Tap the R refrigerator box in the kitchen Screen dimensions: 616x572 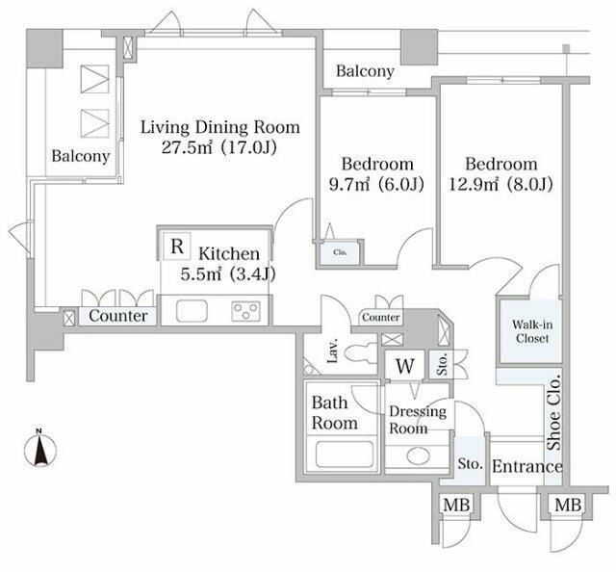coord(177,247)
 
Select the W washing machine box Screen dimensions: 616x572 coord(404,365)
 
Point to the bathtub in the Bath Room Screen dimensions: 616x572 coord(345,455)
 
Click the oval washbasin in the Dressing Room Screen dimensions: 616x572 coord(416,456)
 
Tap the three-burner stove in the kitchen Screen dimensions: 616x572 coord(246,311)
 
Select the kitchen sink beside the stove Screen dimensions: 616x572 coord(192,311)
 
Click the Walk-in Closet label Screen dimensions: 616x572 coord(532,331)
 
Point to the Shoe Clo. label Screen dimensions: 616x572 coord(554,414)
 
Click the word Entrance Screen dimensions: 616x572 coord(526,467)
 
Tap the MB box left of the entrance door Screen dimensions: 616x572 coord(456,505)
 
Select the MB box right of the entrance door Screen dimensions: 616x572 coord(568,505)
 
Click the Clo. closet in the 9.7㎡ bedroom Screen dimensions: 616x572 coord(340,252)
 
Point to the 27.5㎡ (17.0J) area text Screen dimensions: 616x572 coord(219,147)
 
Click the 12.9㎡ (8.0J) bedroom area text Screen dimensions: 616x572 coord(500,184)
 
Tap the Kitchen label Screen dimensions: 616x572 coord(229,253)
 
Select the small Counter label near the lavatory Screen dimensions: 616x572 coord(381,317)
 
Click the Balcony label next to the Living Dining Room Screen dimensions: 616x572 coord(81,156)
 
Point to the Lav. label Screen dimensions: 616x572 coord(333,351)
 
